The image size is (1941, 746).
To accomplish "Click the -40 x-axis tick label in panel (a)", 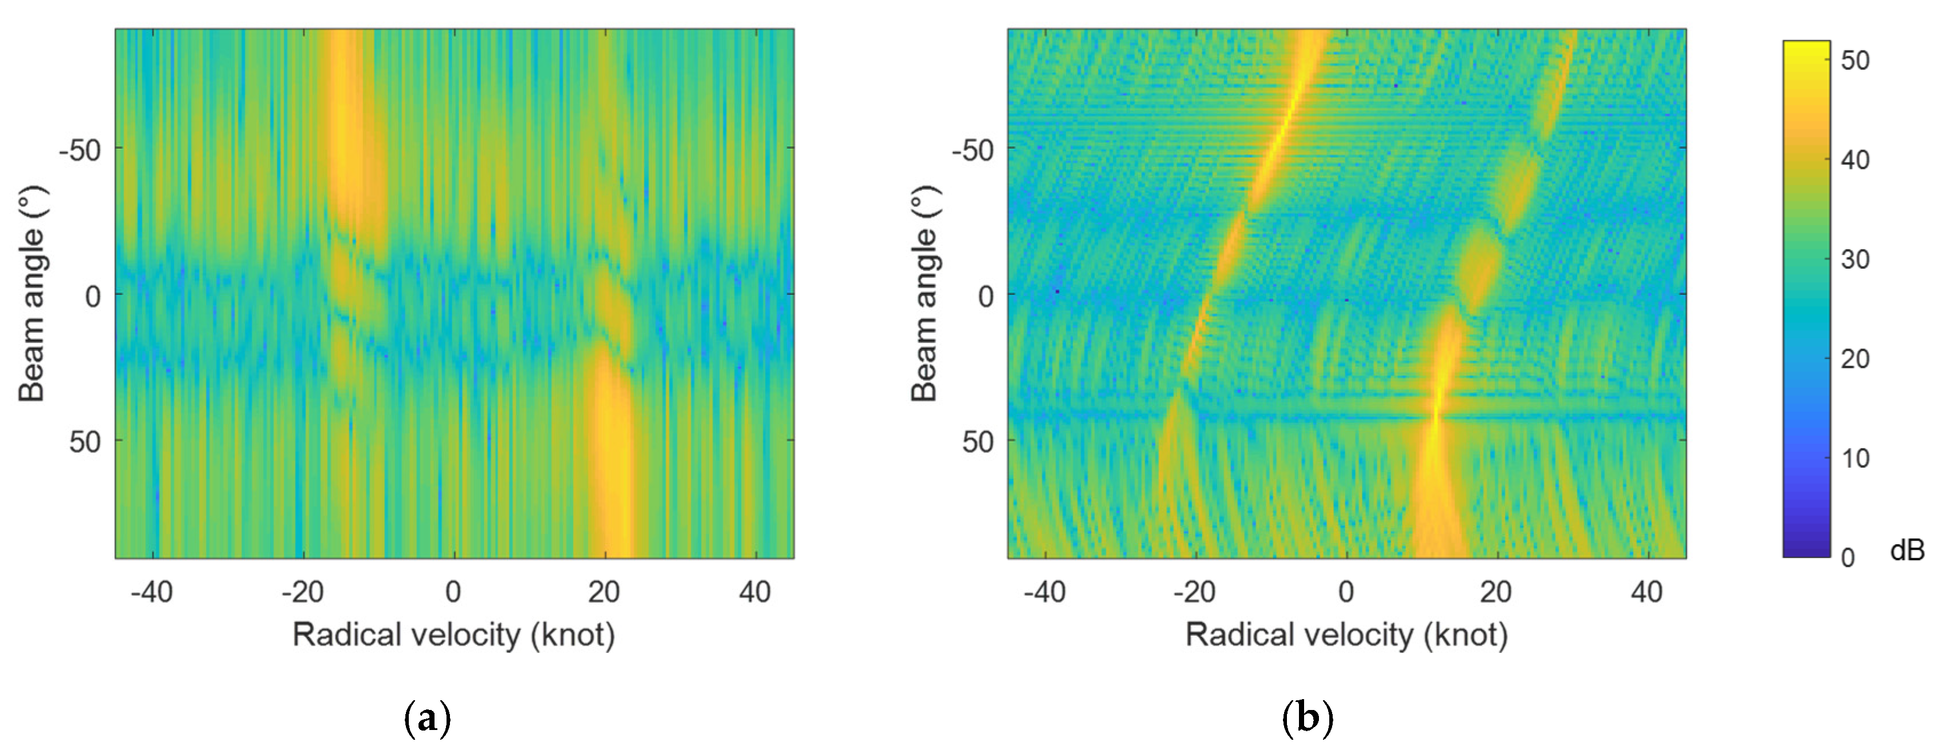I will click(152, 592).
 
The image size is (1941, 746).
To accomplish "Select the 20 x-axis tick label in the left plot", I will click(604, 592).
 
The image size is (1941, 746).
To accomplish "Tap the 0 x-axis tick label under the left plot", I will click(453, 592).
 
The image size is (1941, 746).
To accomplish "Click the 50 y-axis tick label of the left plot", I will click(85, 441).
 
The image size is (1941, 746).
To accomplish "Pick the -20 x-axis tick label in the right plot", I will click(1194, 592).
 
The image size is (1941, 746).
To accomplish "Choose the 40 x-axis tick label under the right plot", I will click(1647, 592).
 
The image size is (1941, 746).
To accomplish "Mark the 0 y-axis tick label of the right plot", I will click(985, 296).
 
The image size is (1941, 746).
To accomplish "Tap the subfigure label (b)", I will click(1308, 718).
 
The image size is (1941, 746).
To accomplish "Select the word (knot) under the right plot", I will click(1465, 635).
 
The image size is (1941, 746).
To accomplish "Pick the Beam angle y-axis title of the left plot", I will click(31, 294).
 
